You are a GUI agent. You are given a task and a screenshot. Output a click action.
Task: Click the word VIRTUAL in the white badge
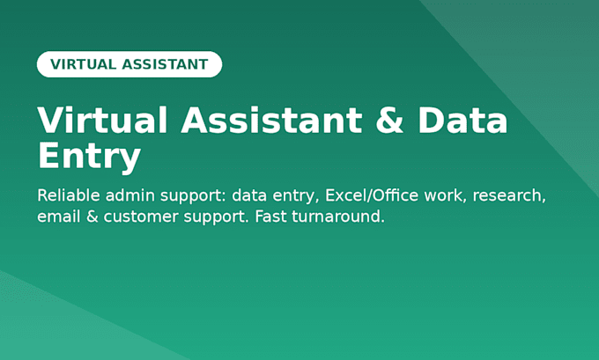[84, 64]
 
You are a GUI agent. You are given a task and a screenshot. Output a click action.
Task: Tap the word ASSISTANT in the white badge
[165, 64]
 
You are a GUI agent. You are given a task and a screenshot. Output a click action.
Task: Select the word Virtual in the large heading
[102, 120]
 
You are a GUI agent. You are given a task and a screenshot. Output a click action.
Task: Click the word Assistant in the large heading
[271, 120]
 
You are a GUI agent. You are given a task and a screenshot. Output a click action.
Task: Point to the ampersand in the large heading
[389, 120]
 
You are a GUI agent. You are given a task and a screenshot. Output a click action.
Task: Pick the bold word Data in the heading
[462, 120]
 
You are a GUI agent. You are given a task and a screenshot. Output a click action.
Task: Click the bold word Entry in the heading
[89, 157]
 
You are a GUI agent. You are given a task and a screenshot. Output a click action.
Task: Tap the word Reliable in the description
[69, 195]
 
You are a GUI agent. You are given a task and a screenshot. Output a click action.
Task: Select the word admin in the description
[130, 195]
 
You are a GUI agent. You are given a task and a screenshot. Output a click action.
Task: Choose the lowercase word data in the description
[249, 195]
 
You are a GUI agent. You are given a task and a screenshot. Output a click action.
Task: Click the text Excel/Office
[372, 195]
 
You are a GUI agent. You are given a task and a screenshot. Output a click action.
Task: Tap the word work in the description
[446, 195]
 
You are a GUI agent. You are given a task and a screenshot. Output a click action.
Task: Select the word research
[509, 196]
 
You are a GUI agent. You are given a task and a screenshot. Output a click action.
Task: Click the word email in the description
[59, 217]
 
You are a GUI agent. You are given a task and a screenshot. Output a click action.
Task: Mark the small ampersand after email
[92, 217]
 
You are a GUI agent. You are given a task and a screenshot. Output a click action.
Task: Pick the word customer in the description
[141, 217]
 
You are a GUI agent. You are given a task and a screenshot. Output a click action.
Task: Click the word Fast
[270, 217]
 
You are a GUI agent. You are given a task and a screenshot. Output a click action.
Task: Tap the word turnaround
[338, 217]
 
